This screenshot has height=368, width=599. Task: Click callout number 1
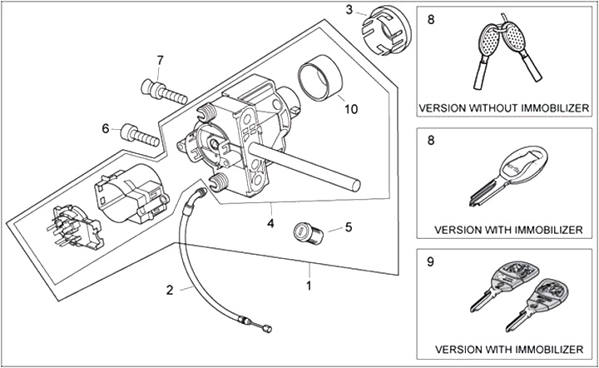tap(309, 286)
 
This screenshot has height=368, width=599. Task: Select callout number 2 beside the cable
tap(170, 290)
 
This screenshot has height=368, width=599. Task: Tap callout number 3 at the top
tap(350, 10)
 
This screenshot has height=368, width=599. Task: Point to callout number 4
tap(270, 223)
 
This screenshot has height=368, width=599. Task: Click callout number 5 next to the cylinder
tap(349, 226)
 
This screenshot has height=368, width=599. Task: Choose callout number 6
tap(106, 128)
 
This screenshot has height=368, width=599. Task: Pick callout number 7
tap(160, 60)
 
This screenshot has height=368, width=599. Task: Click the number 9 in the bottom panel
tap(430, 261)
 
